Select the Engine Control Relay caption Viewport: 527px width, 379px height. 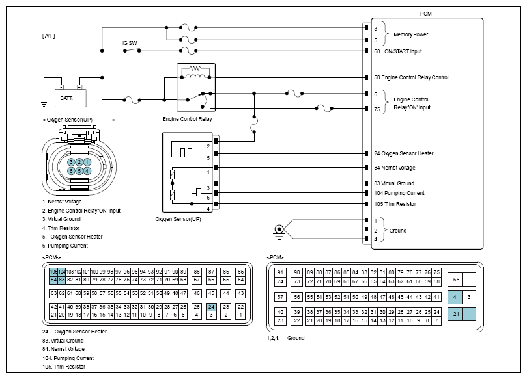(187, 120)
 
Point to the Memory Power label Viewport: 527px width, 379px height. (411, 34)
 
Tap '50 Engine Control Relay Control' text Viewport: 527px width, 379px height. (411, 77)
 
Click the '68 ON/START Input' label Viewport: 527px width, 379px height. (398, 51)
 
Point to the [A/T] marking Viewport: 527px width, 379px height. (49, 35)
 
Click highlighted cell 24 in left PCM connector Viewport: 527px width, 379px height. (211, 307)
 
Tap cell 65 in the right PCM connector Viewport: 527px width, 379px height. (456, 279)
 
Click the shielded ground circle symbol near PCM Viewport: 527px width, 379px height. (279, 229)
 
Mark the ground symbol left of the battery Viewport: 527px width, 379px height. (44, 103)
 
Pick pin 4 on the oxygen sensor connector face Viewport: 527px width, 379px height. (87, 170)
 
